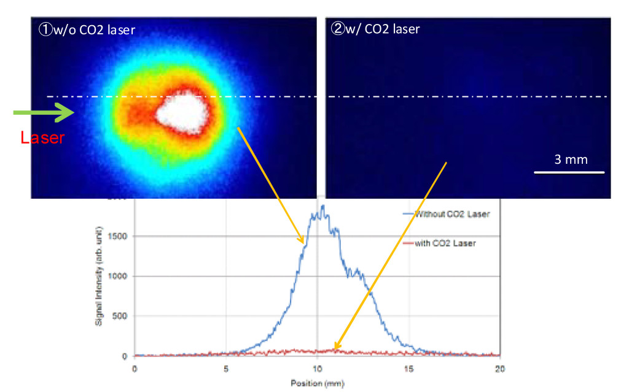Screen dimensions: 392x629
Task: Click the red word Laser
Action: click(42, 138)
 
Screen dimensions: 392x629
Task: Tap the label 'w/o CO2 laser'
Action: click(92, 29)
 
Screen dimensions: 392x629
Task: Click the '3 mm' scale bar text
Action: click(571, 159)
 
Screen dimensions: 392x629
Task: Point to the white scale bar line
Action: click(569, 172)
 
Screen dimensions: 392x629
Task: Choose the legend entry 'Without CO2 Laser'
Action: click(453, 214)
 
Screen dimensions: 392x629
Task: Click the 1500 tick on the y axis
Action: click(121, 236)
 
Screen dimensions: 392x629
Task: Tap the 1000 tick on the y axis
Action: click(121, 276)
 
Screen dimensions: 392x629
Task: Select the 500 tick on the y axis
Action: click(123, 316)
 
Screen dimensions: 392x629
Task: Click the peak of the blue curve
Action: click(322, 207)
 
